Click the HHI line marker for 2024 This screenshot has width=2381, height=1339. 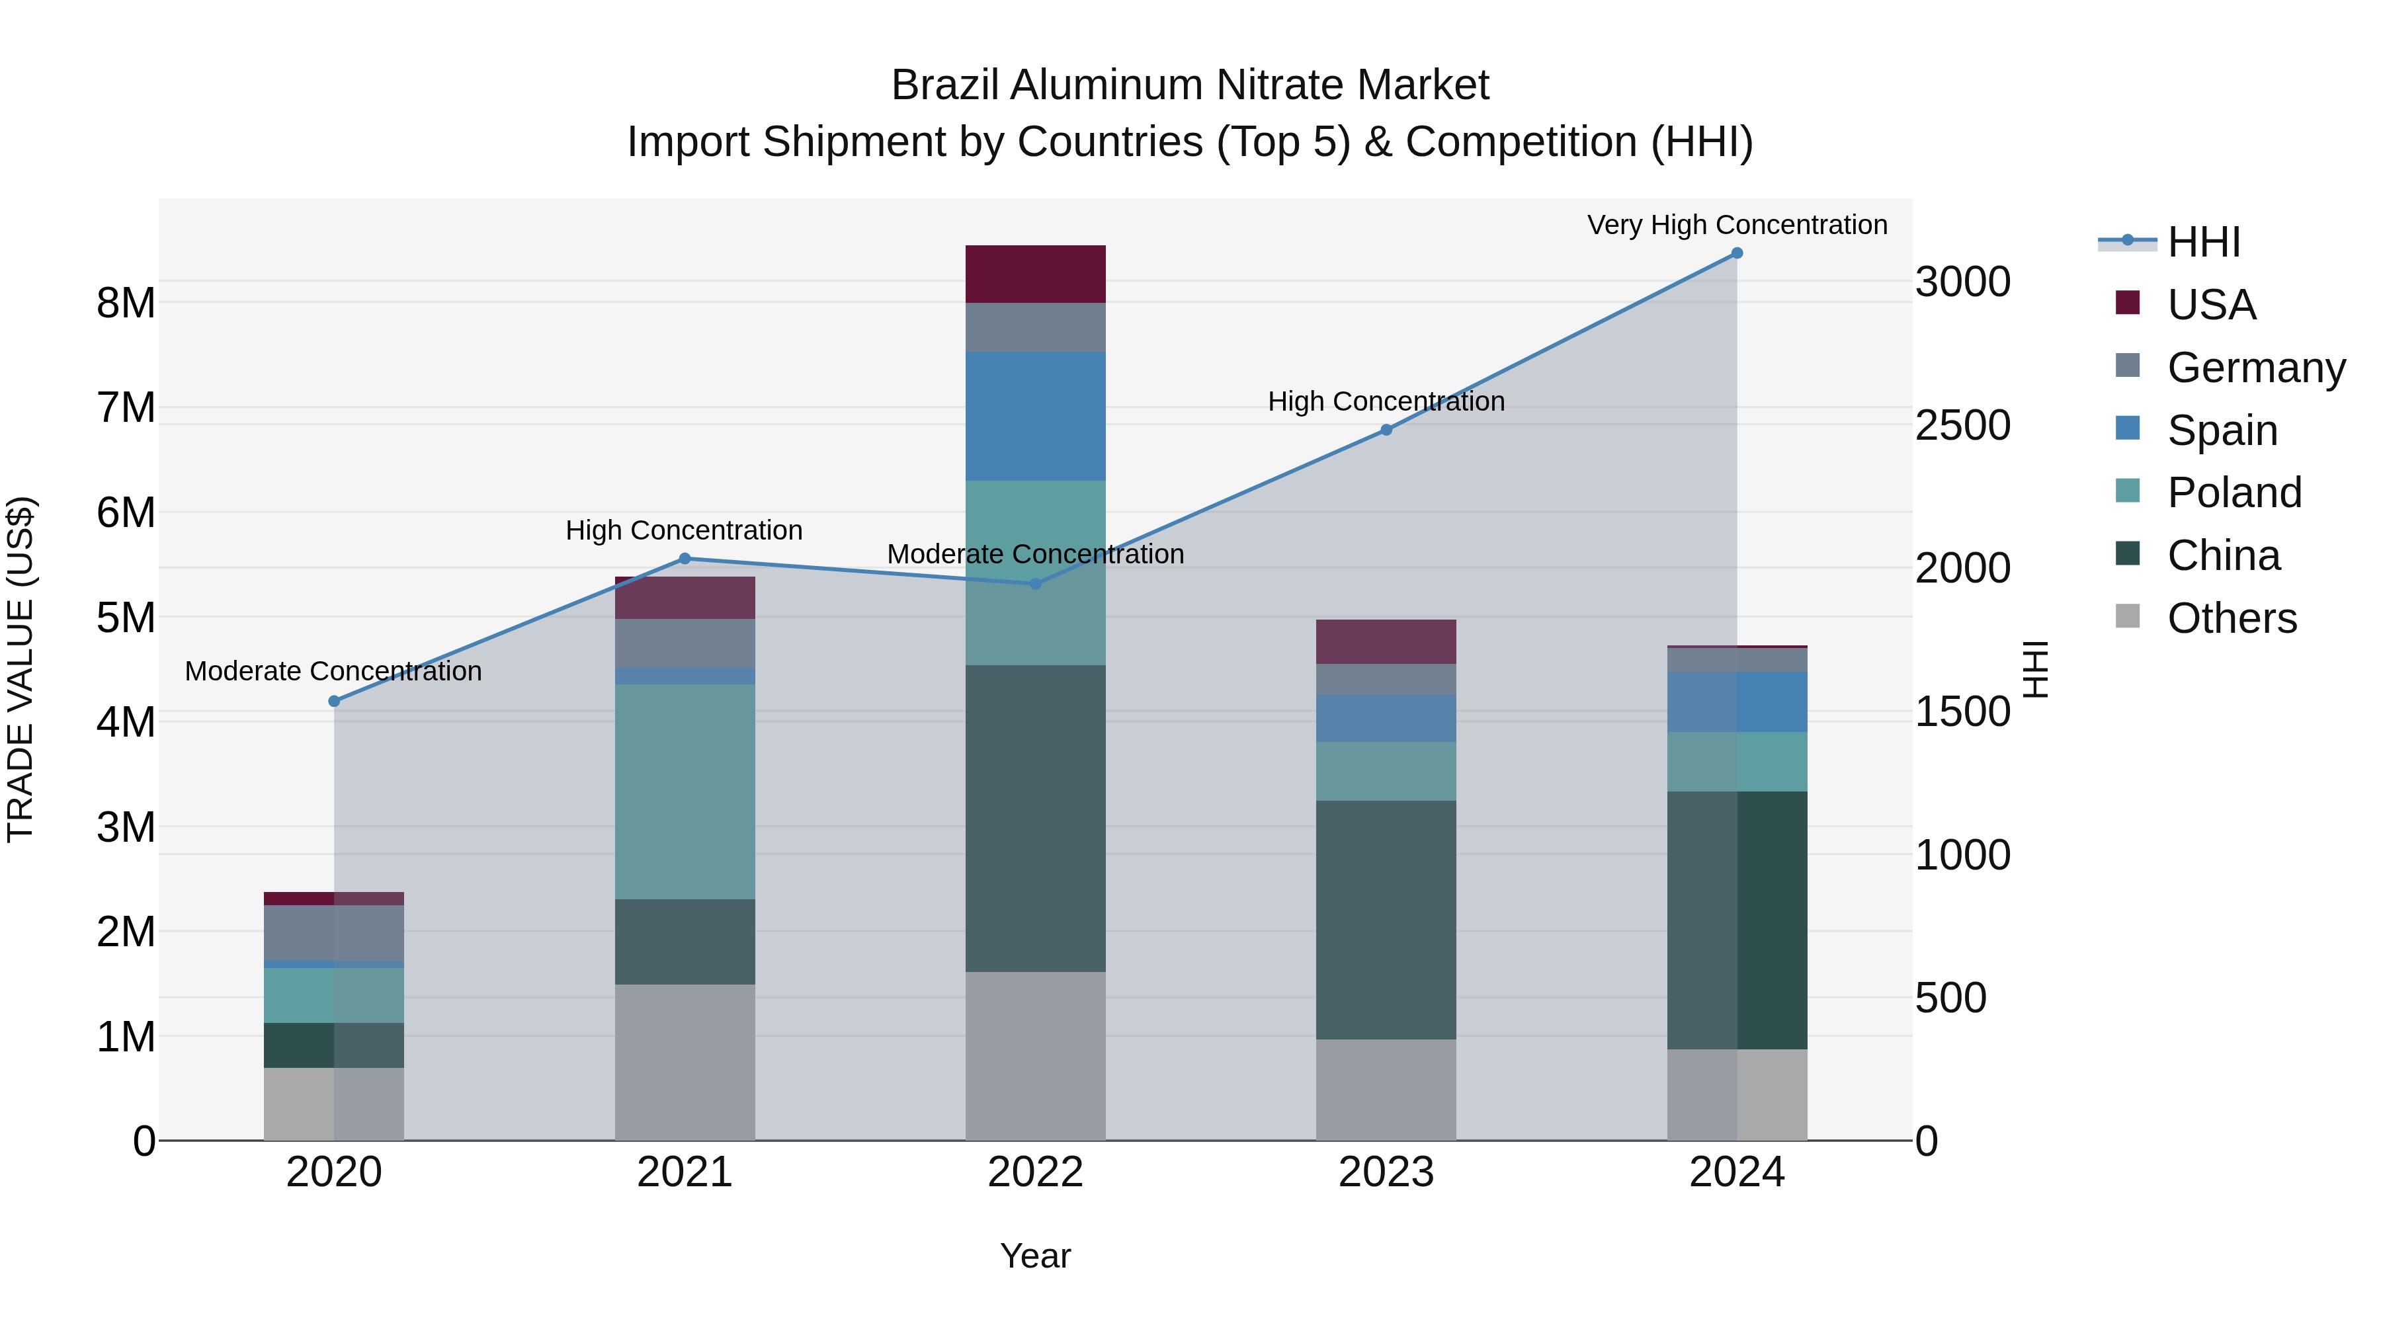pos(1737,253)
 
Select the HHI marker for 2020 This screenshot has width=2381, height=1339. pos(335,702)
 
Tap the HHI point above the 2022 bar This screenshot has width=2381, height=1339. pos(1035,584)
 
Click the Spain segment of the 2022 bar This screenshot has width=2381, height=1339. pos(1035,416)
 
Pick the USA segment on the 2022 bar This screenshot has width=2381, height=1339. pos(1035,274)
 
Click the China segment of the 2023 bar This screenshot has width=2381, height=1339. pos(1386,920)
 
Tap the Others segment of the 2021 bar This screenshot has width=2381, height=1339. pos(685,1062)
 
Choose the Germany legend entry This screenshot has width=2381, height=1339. pos(2255,368)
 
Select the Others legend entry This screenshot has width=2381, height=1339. pos(2232,618)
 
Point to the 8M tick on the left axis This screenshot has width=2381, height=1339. pos(126,303)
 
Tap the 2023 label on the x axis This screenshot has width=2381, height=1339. pos(1386,1172)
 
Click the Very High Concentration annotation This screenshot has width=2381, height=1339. pos(1737,225)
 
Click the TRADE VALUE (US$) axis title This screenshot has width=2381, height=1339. pos(21,669)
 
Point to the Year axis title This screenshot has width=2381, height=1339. pos(1035,1256)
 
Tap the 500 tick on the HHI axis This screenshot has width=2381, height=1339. pos(1950,998)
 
